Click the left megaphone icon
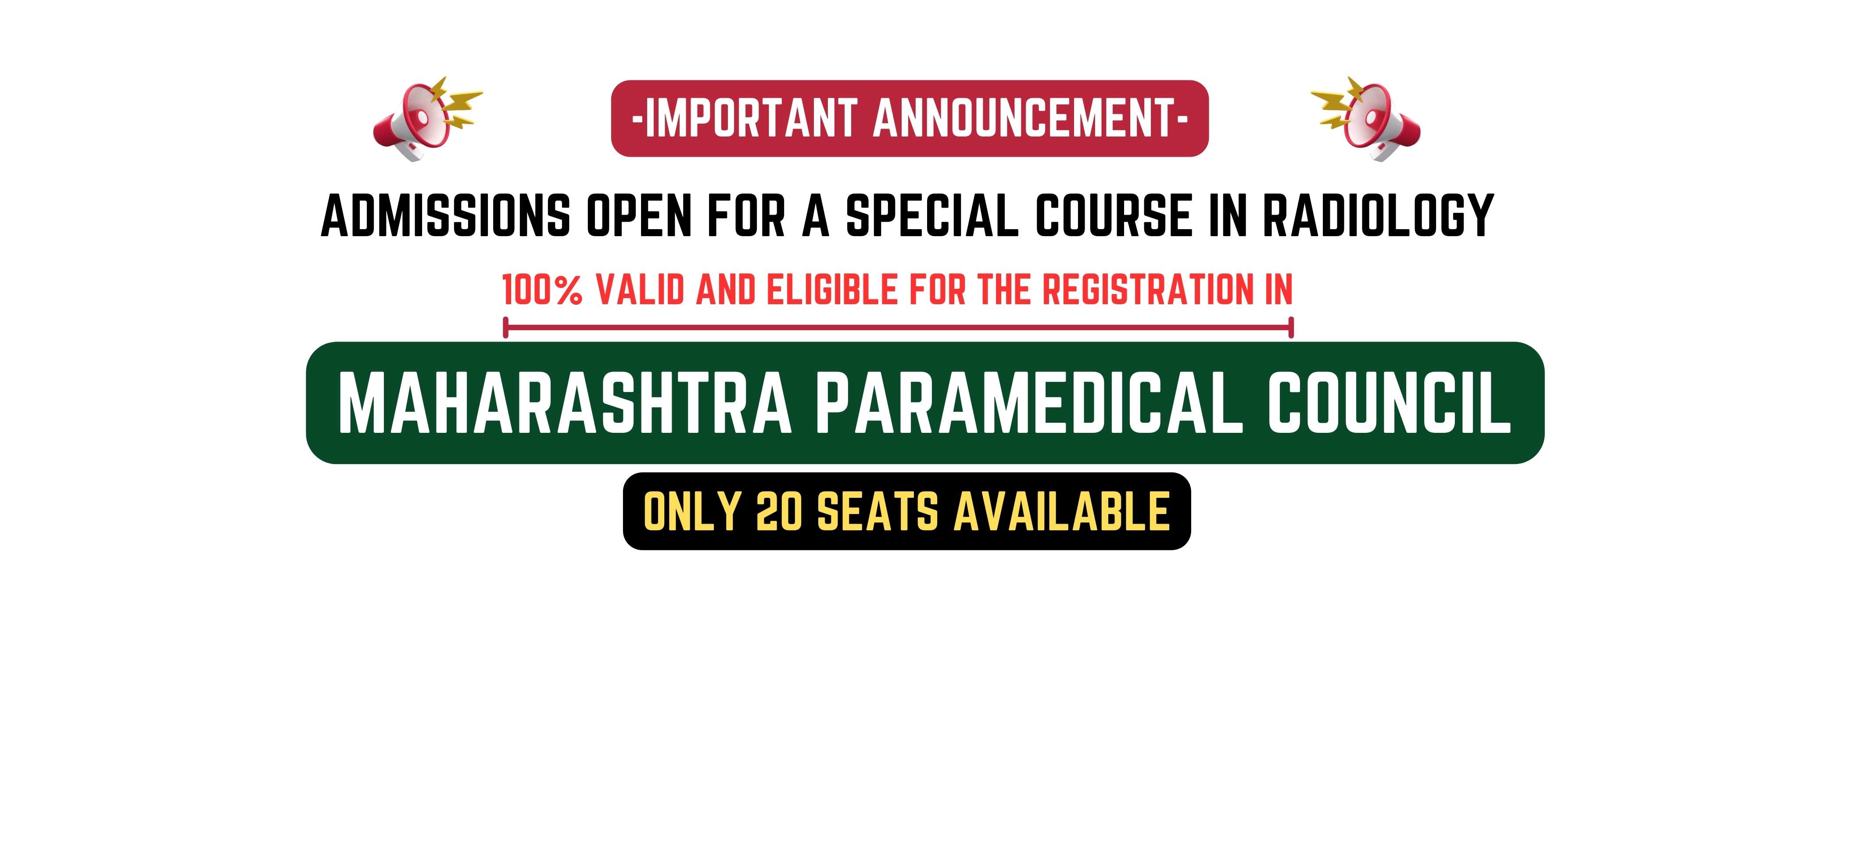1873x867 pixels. (x=427, y=119)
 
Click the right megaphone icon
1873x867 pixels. (x=1365, y=119)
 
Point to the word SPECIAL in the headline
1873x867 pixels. (x=933, y=216)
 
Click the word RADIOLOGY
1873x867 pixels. (x=1378, y=216)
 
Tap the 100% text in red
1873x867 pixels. (x=542, y=289)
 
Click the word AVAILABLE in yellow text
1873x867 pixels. (x=1062, y=511)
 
